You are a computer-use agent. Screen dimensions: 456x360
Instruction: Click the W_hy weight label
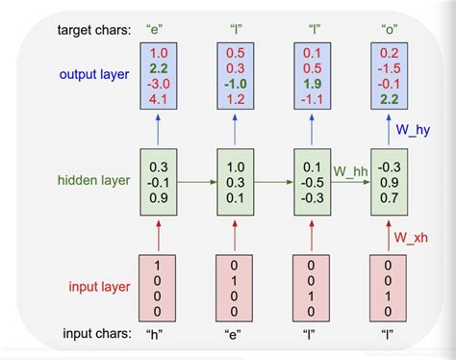413,130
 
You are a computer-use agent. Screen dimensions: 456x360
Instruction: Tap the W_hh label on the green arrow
350,171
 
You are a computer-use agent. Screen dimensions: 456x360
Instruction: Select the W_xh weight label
411,238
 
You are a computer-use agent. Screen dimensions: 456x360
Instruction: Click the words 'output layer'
94,74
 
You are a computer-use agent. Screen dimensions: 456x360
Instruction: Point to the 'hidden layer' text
93,180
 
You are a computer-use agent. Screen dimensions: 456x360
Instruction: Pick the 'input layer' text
99,287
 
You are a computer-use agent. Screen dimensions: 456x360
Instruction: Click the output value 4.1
159,99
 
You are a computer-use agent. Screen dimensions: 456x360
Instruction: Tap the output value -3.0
159,84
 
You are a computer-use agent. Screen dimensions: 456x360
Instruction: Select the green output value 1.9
313,84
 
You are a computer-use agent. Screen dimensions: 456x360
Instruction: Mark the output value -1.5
390,68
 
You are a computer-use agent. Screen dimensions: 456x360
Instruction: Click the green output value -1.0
236,84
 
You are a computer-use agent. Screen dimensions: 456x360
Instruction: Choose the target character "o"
390,30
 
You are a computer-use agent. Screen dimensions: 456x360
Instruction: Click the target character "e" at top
155,30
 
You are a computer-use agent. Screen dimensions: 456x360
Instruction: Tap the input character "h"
155,335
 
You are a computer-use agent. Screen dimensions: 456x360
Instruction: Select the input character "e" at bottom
233,335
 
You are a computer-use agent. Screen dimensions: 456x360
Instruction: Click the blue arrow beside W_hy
389,129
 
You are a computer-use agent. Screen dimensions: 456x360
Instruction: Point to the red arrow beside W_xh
389,236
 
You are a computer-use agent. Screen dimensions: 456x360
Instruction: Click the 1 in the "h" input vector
157,266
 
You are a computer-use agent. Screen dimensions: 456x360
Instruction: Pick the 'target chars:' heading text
94,30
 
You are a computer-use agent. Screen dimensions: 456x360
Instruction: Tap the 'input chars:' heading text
97,334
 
